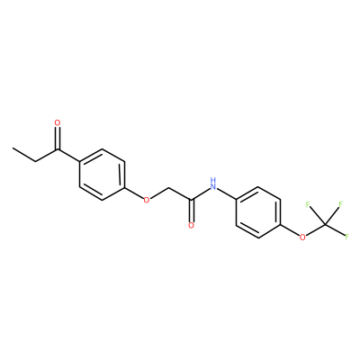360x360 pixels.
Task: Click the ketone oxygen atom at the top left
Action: click(58, 122)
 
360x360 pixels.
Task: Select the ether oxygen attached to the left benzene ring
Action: click(147, 200)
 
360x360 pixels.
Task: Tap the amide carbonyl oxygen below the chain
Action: click(191, 226)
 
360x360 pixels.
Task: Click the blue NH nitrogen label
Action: click(213, 184)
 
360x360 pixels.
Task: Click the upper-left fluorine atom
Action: click(308, 205)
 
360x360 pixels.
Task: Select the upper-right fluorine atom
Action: click(340, 204)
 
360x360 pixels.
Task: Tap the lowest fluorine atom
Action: click(347, 237)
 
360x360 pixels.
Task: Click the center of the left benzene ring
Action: click(102, 175)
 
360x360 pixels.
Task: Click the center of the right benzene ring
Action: click(258, 213)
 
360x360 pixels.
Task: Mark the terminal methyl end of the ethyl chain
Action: click(13, 148)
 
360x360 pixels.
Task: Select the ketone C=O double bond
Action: click(58, 139)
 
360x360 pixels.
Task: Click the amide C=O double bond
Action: click(191, 211)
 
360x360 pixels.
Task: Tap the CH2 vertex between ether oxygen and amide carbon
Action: click(169, 187)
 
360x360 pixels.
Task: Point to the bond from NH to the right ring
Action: click(227, 193)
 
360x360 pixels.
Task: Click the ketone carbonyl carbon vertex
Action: click(58, 149)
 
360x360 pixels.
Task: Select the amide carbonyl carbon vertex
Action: click(191, 200)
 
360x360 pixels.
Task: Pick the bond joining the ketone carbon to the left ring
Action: click(68, 156)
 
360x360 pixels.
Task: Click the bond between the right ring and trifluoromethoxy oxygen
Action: click(291, 231)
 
